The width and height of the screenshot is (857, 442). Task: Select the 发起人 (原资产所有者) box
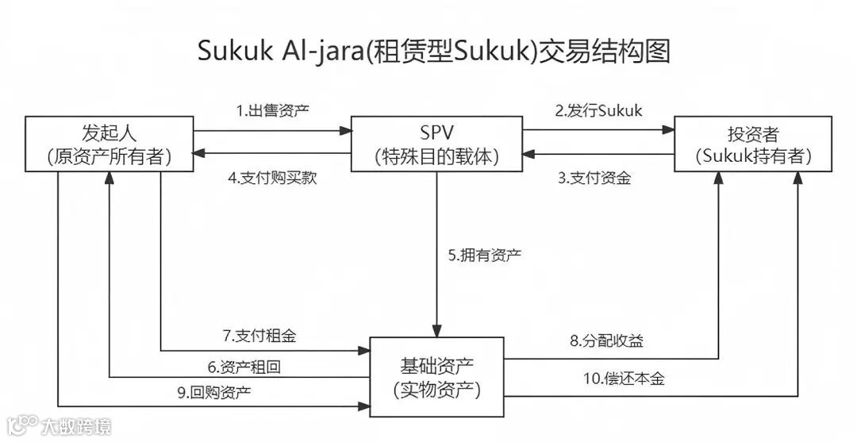pos(110,143)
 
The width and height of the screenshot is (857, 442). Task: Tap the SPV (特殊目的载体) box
pos(437,143)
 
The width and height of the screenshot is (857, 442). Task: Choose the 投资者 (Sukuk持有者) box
pos(753,143)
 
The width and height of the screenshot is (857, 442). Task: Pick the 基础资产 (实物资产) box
pos(436,377)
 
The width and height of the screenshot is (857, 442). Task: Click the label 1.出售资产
pos(272,111)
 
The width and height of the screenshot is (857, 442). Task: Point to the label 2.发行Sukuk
pos(598,111)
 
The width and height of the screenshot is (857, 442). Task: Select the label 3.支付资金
pos(594,179)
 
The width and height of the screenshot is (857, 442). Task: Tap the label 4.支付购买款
pos(272,179)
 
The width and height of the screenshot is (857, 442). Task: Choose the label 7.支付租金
pos(259,336)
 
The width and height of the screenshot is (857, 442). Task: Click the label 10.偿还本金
pos(624,379)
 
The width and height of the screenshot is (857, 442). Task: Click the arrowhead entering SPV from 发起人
pos(346,130)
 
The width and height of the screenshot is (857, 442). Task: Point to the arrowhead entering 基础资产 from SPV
pos(436,332)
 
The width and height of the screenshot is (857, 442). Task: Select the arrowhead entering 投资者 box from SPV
pos(669,130)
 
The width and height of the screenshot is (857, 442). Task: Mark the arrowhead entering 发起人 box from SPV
pos(199,154)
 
